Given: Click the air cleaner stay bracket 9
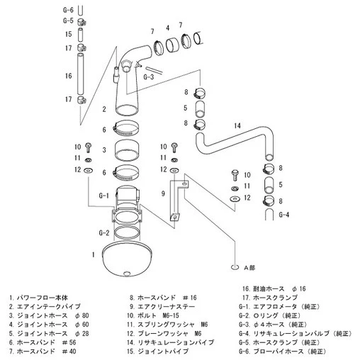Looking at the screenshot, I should click(x=177, y=201).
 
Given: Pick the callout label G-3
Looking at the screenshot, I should click(x=148, y=76).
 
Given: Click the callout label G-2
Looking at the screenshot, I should click(x=103, y=232).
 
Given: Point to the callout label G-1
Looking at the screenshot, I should click(x=103, y=196).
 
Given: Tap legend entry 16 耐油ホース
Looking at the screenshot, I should click(x=273, y=289).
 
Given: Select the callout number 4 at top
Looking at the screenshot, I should click(x=167, y=28).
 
